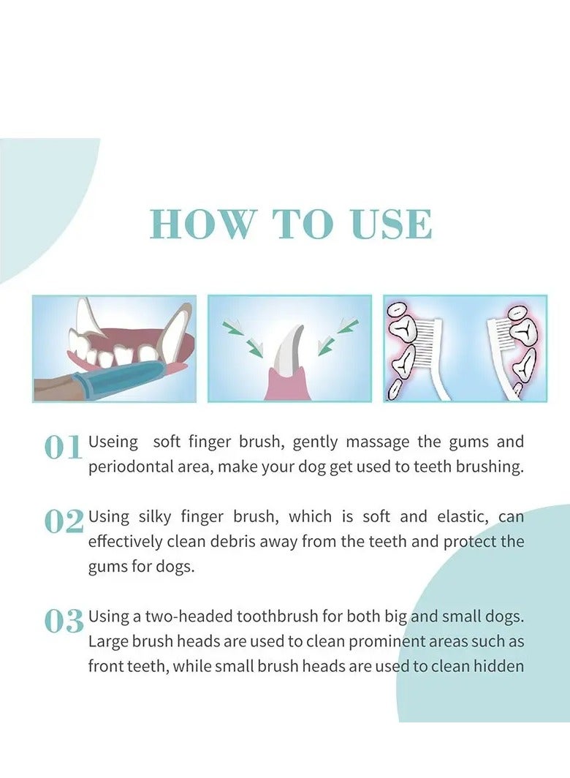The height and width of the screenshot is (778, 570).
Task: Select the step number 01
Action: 63,447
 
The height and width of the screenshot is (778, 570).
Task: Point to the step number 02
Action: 64,521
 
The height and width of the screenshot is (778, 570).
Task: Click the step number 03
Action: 64,621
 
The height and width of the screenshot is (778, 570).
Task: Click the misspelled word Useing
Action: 113,442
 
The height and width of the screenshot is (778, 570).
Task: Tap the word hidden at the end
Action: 501,666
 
